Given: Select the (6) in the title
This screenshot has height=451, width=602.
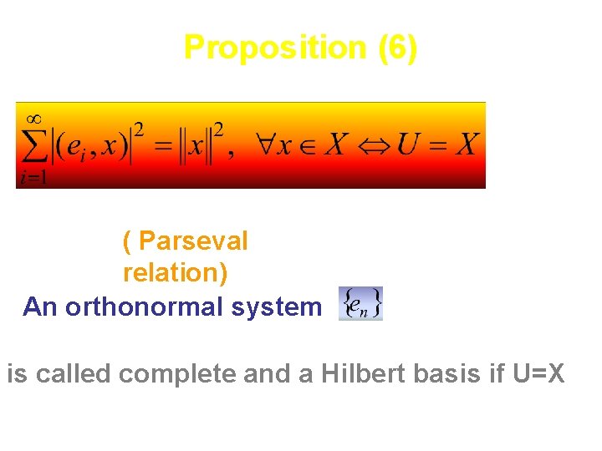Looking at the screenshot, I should tap(396, 48).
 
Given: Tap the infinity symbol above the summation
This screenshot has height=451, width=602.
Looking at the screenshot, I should tap(33, 118).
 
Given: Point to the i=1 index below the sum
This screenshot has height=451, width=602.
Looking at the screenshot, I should tap(32, 176).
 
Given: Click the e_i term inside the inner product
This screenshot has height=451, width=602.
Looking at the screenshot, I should tap(74, 147).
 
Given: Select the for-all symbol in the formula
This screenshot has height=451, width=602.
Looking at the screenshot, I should tap(268, 145).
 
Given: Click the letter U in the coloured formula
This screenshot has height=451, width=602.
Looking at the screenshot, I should tap(410, 145).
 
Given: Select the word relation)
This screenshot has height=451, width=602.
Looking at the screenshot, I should tap(175, 273).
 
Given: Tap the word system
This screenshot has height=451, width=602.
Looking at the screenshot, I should tap(279, 307).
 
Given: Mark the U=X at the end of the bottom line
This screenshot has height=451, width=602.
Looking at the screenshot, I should tap(535, 373).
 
